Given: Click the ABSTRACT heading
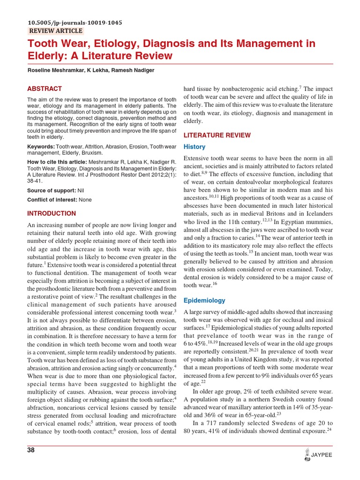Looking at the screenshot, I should click(x=45, y=89).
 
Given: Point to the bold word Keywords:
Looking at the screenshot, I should click(x=41, y=147).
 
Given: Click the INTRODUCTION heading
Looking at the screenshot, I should click(x=52, y=214).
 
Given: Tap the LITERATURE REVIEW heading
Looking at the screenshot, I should click(x=217, y=135).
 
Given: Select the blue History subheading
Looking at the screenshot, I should click(x=194, y=147).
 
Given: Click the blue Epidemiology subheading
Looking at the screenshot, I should click(x=204, y=300).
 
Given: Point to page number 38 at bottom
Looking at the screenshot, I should click(x=31, y=450).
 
